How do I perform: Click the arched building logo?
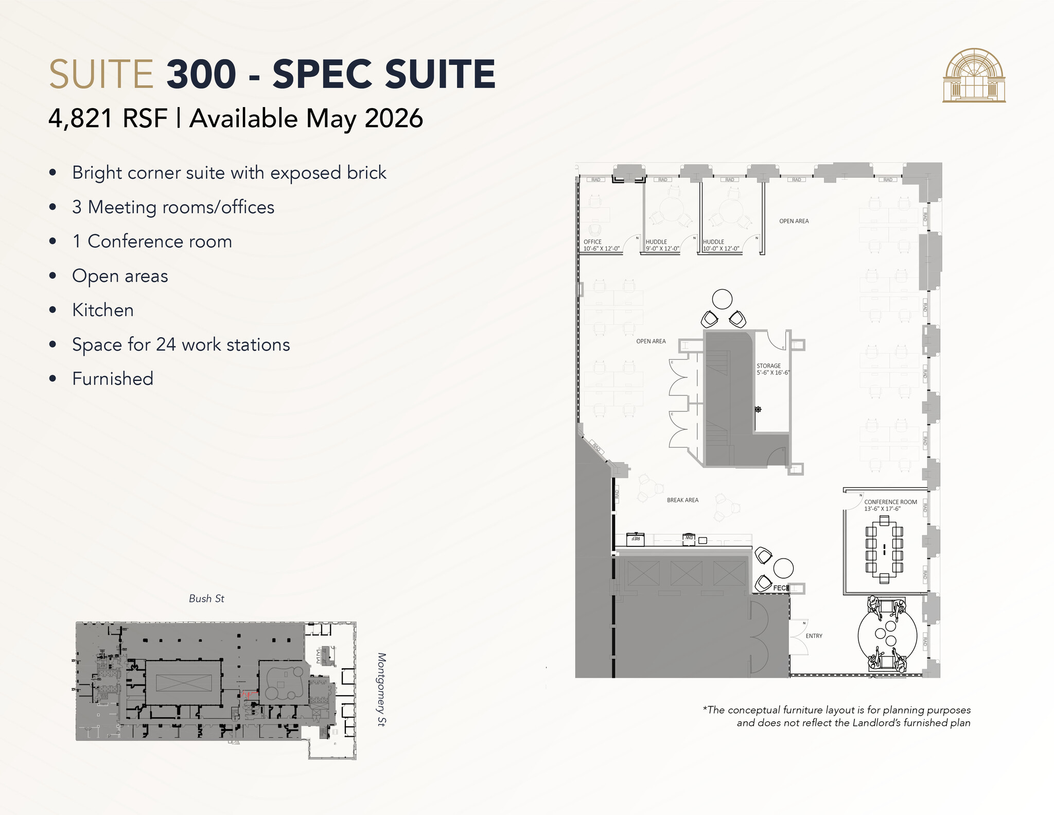(974, 76)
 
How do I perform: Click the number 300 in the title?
(201, 74)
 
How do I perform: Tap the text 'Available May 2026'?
(306, 119)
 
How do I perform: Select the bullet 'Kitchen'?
(103, 310)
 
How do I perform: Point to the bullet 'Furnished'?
(113, 379)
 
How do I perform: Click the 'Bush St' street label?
(206, 598)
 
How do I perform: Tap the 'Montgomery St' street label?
(381, 689)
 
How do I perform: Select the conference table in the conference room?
(884, 549)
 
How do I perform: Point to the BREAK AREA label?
(682, 500)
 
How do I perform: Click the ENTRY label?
(814, 636)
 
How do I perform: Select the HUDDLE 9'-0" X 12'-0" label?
(662, 245)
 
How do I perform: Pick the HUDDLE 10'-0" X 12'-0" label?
(721, 245)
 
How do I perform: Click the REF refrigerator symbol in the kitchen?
(636, 539)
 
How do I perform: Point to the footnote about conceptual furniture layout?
(836, 716)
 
